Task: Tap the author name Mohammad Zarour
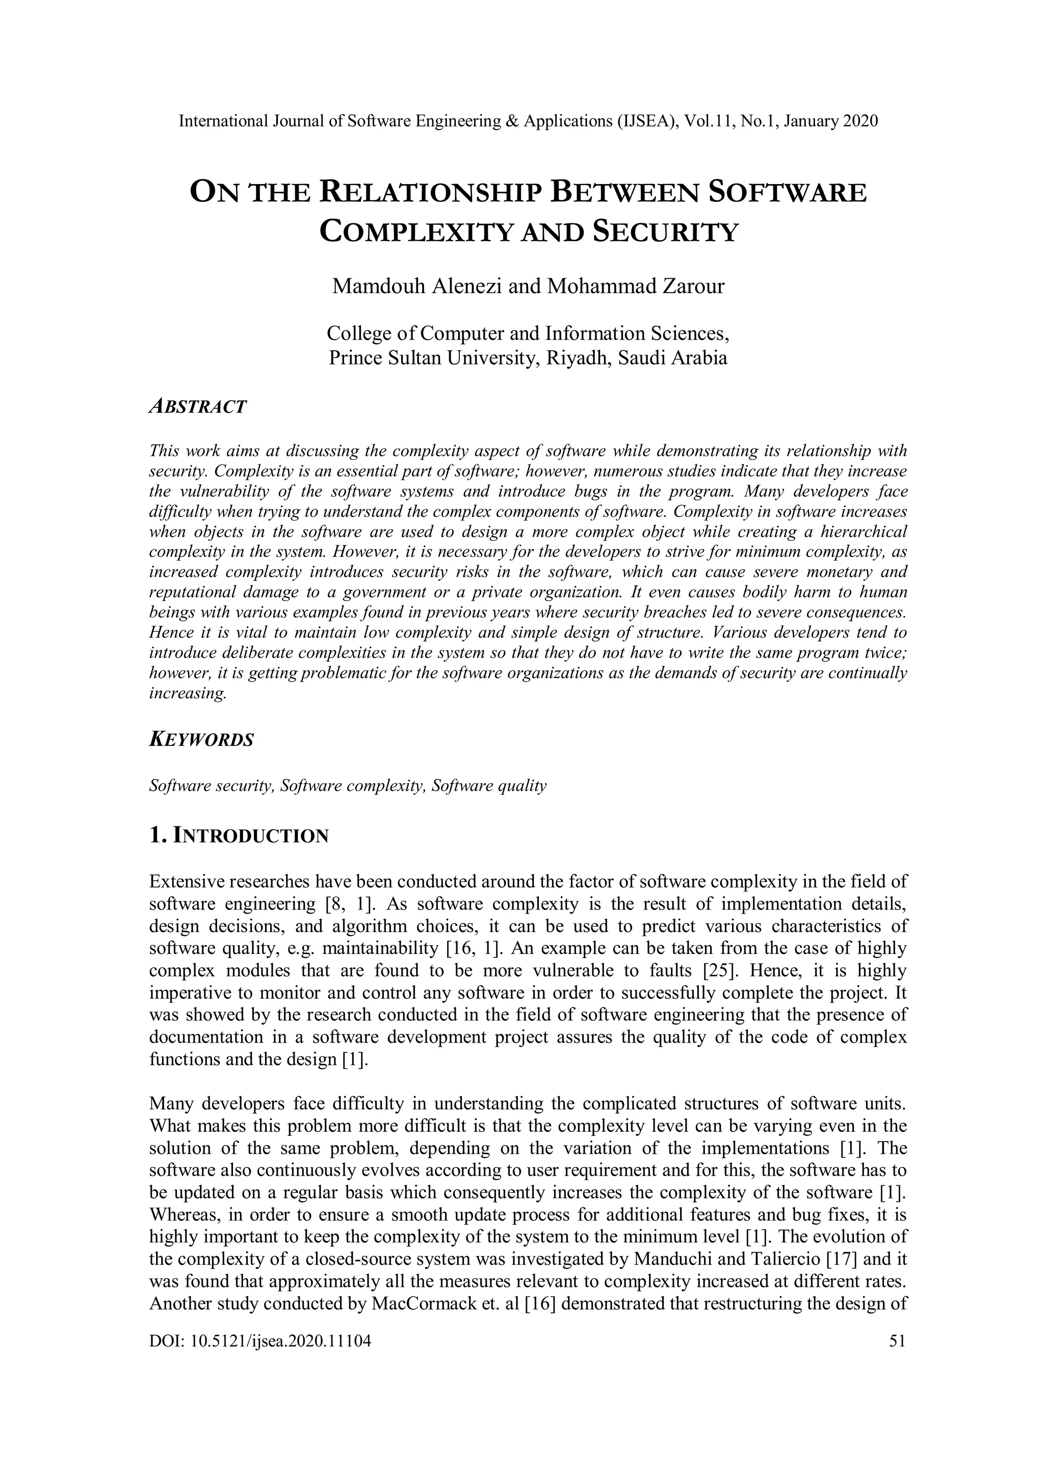click(636, 286)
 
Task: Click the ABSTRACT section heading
click(197, 406)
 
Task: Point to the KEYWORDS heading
click(201, 740)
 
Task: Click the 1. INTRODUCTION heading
click(239, 836)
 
